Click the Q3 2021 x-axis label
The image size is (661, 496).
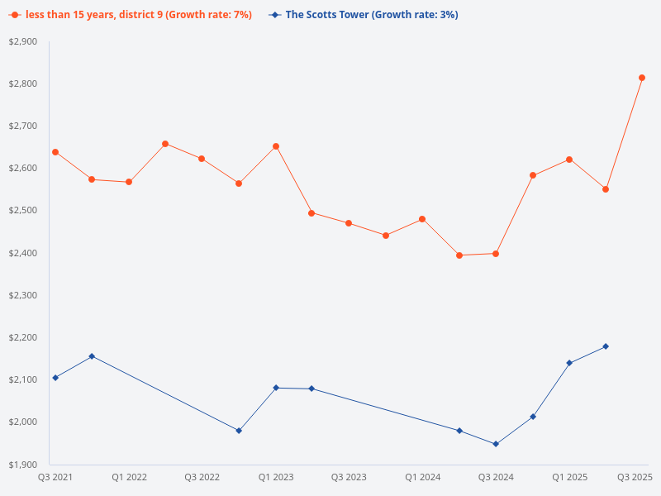coord(55,478)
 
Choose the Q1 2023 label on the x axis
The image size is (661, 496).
coord(276,478)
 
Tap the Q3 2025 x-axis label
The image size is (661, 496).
coord(635,478)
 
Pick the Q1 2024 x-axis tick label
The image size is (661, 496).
coord(422,478)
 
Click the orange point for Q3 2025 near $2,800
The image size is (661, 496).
coord(642,78)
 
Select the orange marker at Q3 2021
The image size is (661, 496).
coord(55,152)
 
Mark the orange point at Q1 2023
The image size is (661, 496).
coord(276,146)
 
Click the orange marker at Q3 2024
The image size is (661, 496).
coord(496,254)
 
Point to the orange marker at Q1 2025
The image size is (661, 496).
coord(569,160)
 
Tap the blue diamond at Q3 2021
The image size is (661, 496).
coord(55,378)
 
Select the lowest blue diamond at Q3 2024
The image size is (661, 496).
coord(496,444)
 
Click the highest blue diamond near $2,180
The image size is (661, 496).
coord(606,346)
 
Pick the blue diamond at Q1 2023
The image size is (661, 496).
coord(276,388)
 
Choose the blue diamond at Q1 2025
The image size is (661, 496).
coord(569,363)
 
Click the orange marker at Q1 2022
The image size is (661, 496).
coord(129,182)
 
